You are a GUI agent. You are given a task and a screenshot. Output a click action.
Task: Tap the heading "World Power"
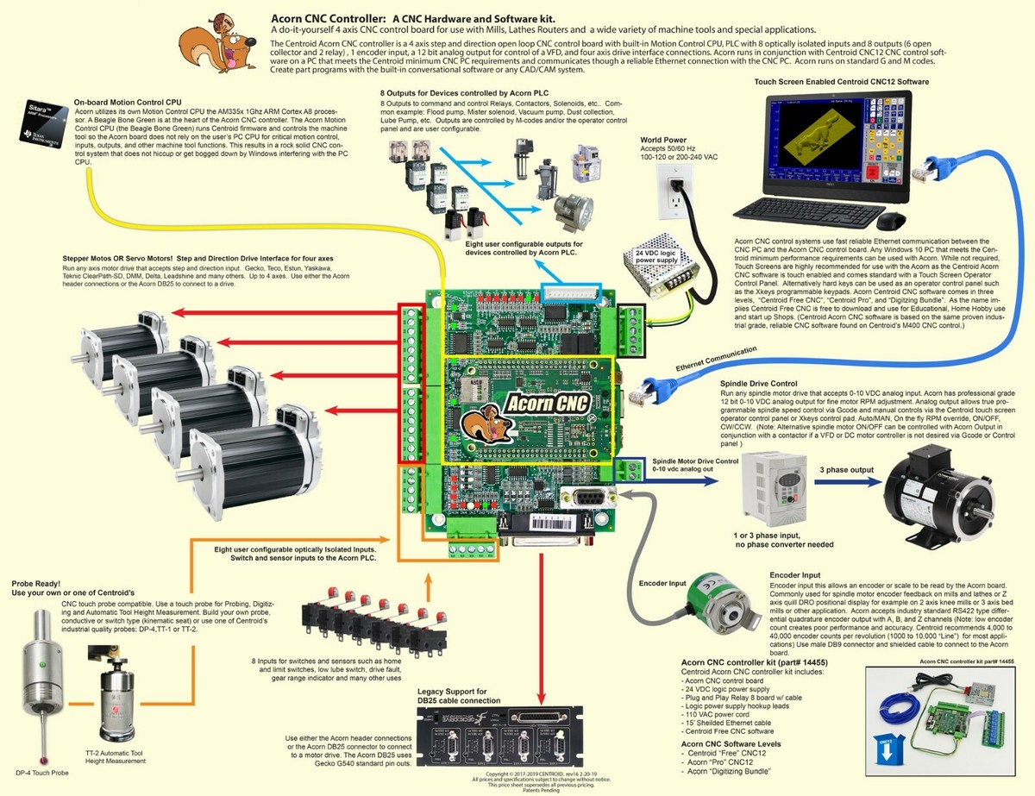[x=664, y=140]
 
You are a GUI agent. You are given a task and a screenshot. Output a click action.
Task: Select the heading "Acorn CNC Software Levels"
[x=731, y=743]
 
